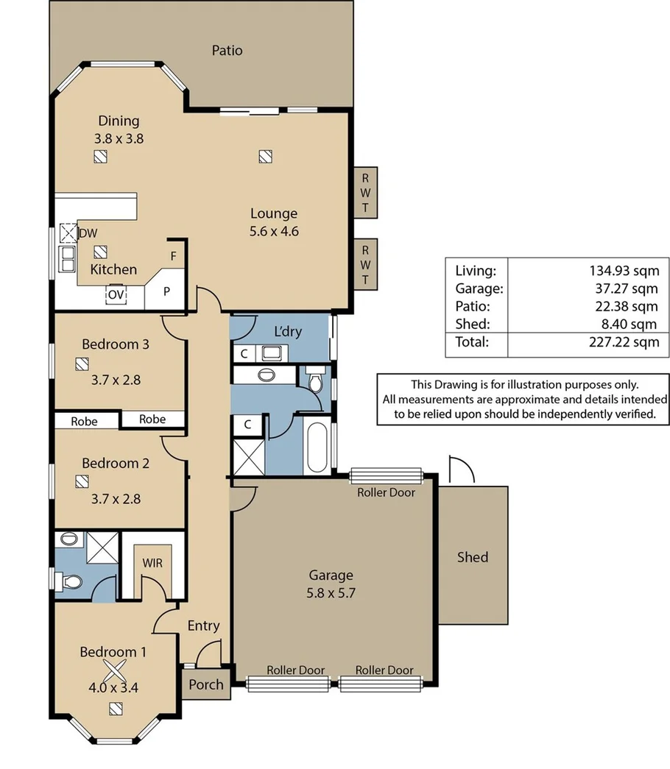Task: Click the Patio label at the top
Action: point(227,51)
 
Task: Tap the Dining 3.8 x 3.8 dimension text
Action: point(119,138)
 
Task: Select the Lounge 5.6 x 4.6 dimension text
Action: point(274,230)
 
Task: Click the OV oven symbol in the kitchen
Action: point(116,294)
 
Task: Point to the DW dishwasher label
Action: point(88,233)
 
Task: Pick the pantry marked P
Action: point(166,291)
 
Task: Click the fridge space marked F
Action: point(174,257)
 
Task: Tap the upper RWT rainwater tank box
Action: point(365,192)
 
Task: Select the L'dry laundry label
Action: point(288,331)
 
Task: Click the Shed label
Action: point(472,557)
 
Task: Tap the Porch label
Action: point(206,684)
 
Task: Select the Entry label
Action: point(203,626)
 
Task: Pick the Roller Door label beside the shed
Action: point(386,492)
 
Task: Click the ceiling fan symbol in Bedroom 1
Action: point(113,670)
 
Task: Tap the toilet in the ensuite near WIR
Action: point(70,583)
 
